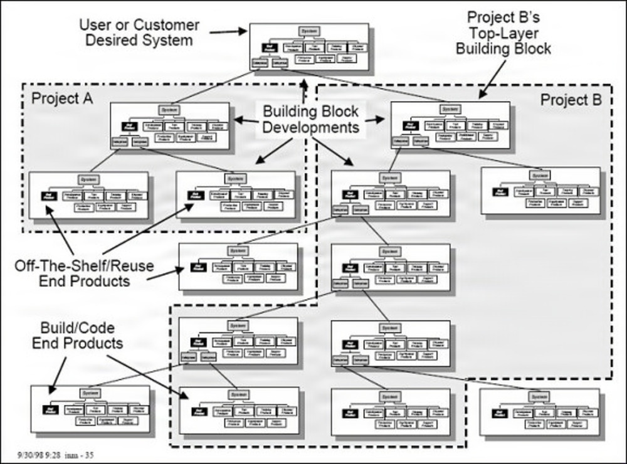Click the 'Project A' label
[x=62, y=98]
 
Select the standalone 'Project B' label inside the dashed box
[x=571, y=100]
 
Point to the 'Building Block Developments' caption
[x=310, y=119]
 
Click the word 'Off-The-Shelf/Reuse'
[x=84, y=265]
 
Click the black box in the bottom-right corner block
[x=500, y=413]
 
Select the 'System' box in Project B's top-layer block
[x=450, y=110]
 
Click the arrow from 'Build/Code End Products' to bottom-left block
[x=57, y=372]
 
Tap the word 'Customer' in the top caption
[x=168, y=26]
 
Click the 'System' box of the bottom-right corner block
[x=539, y=397]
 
